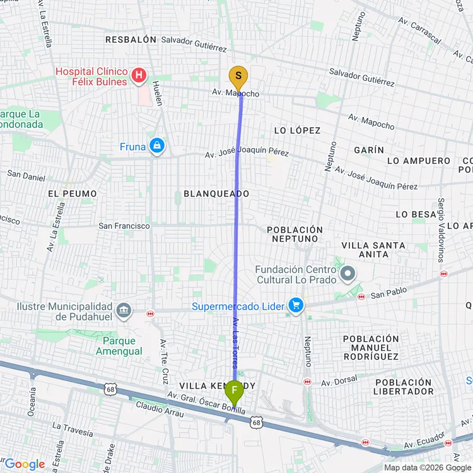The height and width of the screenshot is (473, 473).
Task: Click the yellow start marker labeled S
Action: (238, 79)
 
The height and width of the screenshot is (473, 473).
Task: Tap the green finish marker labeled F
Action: (234, 394)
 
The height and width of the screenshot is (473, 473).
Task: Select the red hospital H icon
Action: (139, 78)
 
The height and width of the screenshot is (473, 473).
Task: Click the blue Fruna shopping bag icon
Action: (156, 146)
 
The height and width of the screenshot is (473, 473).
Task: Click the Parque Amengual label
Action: (119, 346)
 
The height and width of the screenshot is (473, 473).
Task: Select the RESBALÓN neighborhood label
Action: (131, 39)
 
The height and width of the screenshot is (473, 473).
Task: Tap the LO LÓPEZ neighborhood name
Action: (297, 131)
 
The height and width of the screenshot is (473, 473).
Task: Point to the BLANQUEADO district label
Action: (216, 194)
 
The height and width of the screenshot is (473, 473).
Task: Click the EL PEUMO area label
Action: (73, 194)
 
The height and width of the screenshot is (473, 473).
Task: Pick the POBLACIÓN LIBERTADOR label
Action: (404, 387)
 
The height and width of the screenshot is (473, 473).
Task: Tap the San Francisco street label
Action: (124, 225)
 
